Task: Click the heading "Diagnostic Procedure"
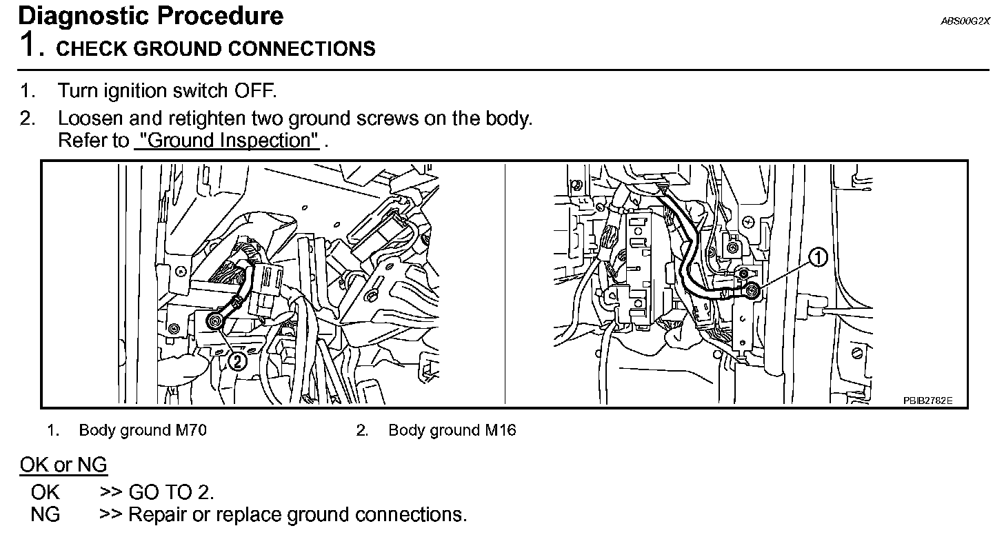pyautogui.click(x=150, y=15)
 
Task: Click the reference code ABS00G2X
pyautogui.click(x=965, y=21)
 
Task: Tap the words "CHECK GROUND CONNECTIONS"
pyautogui.click(x=216, y=49)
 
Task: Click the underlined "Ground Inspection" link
pyautogui.click(x=227, y=141)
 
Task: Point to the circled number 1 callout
pyautogui.click(x=817, y=258)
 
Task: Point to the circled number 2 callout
pyautogui.click(x=237, y=360)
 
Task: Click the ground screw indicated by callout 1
pyautogui.click(x=753, y=291)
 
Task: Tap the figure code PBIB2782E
pyautogui.click(x=928, y=401)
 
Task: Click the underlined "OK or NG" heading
pyautogui.click(x=63, y=465)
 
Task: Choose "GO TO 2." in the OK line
pyautogui.click(x=171, y=492)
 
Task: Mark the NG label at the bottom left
pyautogui.click(x=45, y=515)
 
